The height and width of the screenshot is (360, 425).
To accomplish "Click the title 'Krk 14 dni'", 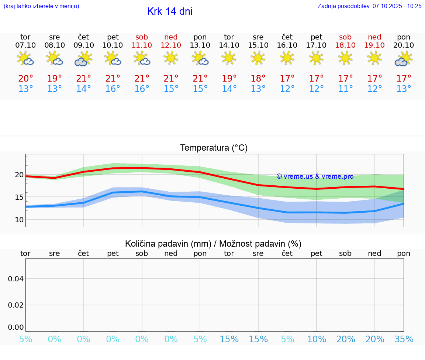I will tap(170, 11).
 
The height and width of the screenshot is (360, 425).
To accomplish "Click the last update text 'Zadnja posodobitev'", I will tap(369, 6).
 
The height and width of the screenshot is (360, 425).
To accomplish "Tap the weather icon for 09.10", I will tap(83, 59).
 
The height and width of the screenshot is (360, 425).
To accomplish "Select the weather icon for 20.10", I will tap(404, 59).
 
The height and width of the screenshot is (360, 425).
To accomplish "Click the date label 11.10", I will tap(142, 45).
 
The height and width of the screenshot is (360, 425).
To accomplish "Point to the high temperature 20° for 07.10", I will tap(25, 78).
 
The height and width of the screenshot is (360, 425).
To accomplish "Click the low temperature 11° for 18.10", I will tap(345, 89).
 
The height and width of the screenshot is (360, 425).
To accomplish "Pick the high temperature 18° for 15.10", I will tap(258, 78).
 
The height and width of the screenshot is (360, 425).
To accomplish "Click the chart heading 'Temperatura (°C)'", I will tap(214, 148).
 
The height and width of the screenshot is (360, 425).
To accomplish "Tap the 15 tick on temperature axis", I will tap(19, 197).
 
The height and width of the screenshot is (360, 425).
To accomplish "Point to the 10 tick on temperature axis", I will tap(19, 220).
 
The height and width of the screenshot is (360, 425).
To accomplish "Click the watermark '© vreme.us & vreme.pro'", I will tap(315, 176).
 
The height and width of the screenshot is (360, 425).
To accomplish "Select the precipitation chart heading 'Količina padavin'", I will tap(213, 244).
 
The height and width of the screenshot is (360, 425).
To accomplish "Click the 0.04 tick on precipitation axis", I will tap(16, 278).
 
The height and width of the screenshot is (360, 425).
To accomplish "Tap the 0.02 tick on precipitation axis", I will tap(16, 305).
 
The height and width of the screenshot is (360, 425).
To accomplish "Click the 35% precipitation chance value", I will tap(404, 339).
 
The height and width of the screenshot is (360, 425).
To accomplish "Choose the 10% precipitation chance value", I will tap(316, 339).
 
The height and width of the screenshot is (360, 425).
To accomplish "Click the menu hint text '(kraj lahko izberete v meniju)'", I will tap(41, 6).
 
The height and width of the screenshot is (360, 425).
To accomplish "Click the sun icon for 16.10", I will tap(287, 58).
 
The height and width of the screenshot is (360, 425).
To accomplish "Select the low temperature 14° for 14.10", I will tap(229, 89).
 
